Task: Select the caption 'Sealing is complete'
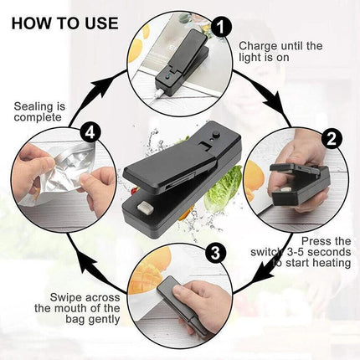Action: pos(39,111)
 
